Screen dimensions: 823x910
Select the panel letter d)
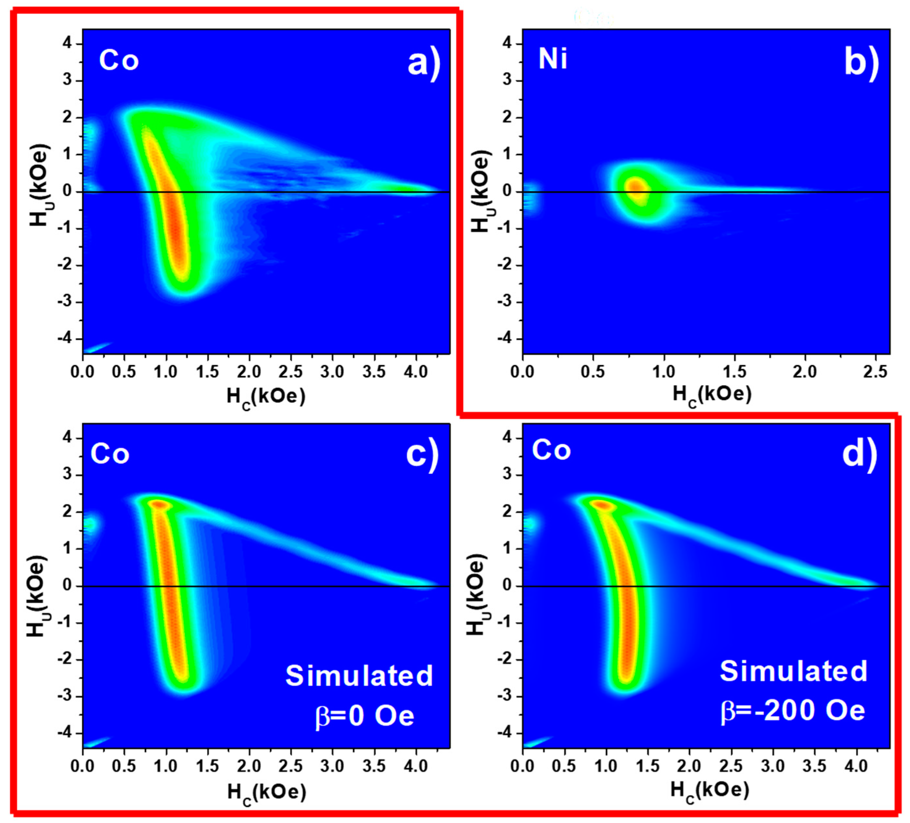click(860, 455)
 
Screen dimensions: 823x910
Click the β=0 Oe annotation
click(364, 716)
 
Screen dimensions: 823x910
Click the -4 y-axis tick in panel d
click(506, 733)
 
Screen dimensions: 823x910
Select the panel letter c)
click(422, 455)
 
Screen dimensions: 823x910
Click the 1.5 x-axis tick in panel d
click(648, 766)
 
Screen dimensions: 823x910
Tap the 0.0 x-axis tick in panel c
click(83, 766)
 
